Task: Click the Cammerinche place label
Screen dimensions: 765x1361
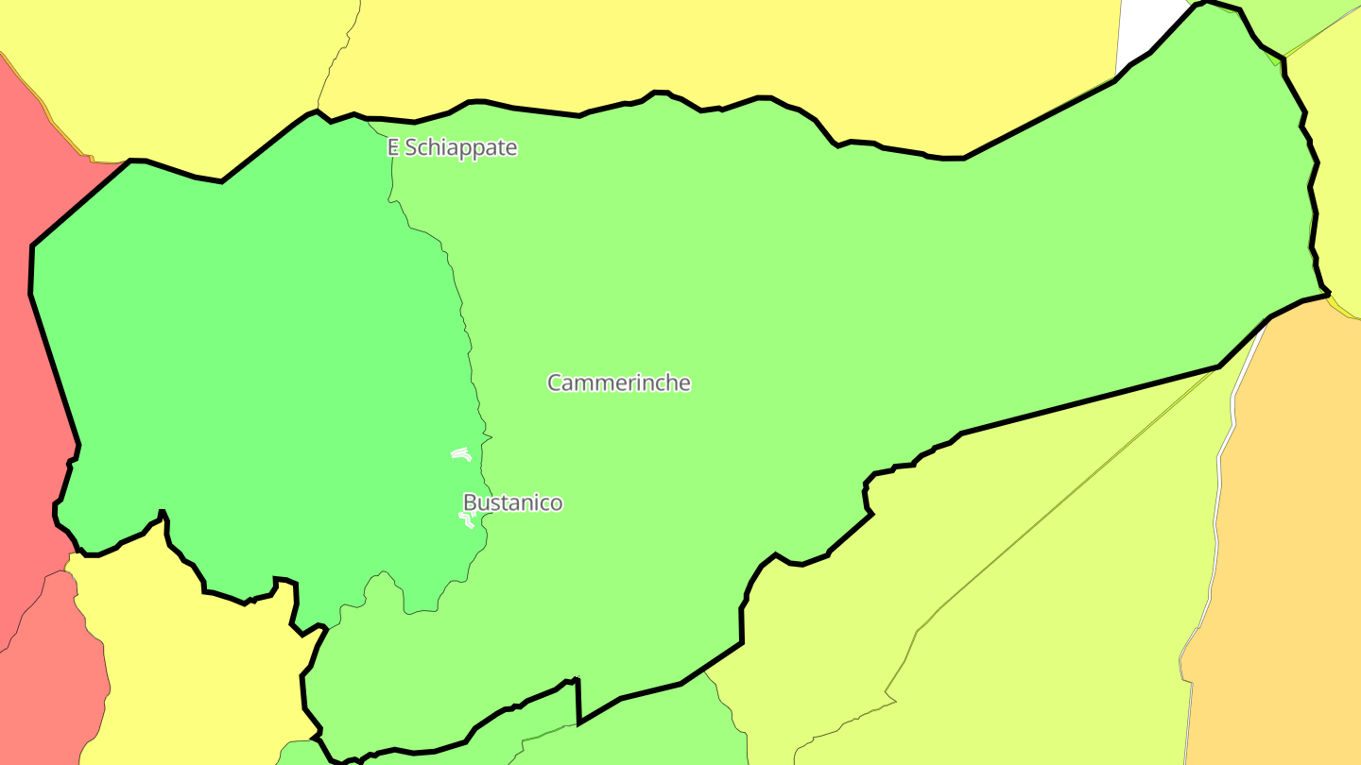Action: coord(619,382)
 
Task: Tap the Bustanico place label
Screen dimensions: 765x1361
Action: coord(512,502)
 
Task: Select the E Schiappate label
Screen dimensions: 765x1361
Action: coord(453,147)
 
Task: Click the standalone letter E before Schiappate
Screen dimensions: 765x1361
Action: coord(393,147)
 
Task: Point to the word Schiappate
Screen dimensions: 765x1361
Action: coord(461,147)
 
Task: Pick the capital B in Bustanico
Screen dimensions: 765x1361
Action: coord(469,502)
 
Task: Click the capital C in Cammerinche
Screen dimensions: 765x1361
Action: coord(555,382)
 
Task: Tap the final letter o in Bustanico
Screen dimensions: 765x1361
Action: coord(557,503)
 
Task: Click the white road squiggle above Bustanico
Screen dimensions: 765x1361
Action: coord(461,454)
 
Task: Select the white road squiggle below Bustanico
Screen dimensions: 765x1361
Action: coord(466,519)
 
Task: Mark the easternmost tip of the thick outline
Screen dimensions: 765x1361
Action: coord(1330,294)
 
